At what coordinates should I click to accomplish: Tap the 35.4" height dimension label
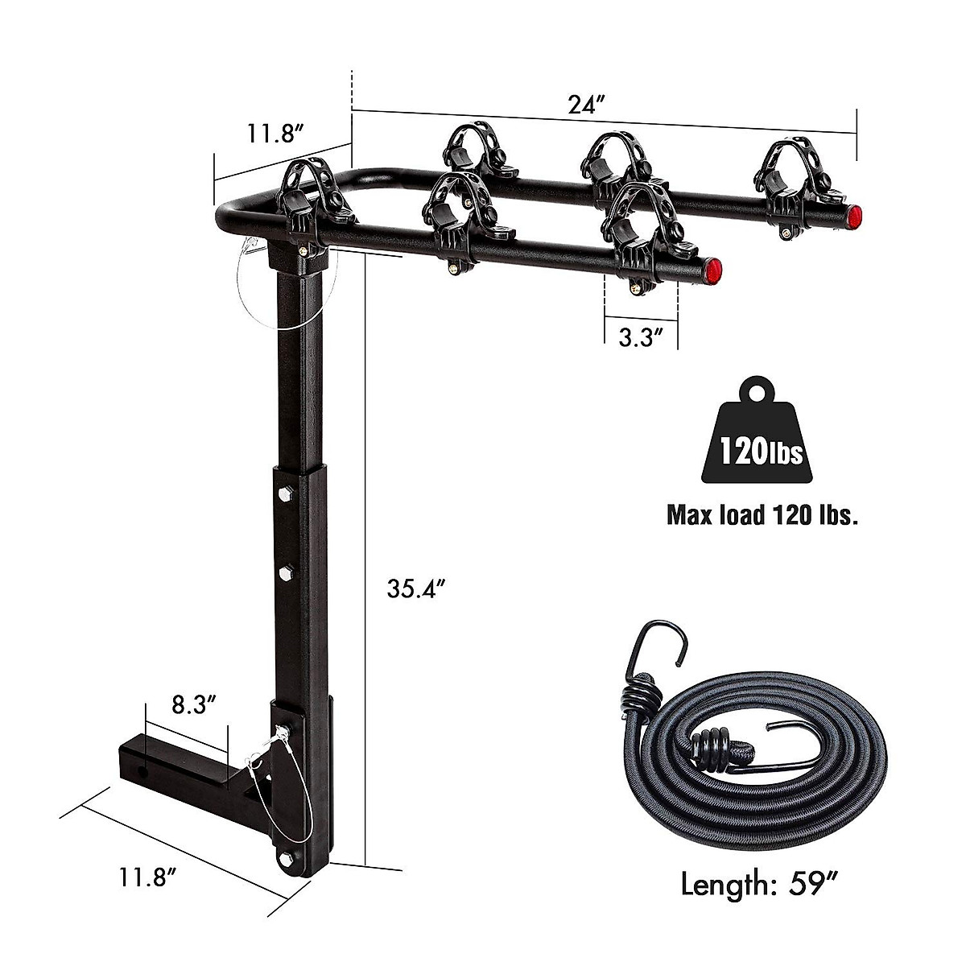(416, 590)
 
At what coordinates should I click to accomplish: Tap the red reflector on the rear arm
(854, 215)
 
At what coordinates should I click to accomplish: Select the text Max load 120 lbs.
(762, 514)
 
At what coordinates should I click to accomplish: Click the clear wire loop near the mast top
(266, 290)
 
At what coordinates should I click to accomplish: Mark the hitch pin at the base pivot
(281, 731)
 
